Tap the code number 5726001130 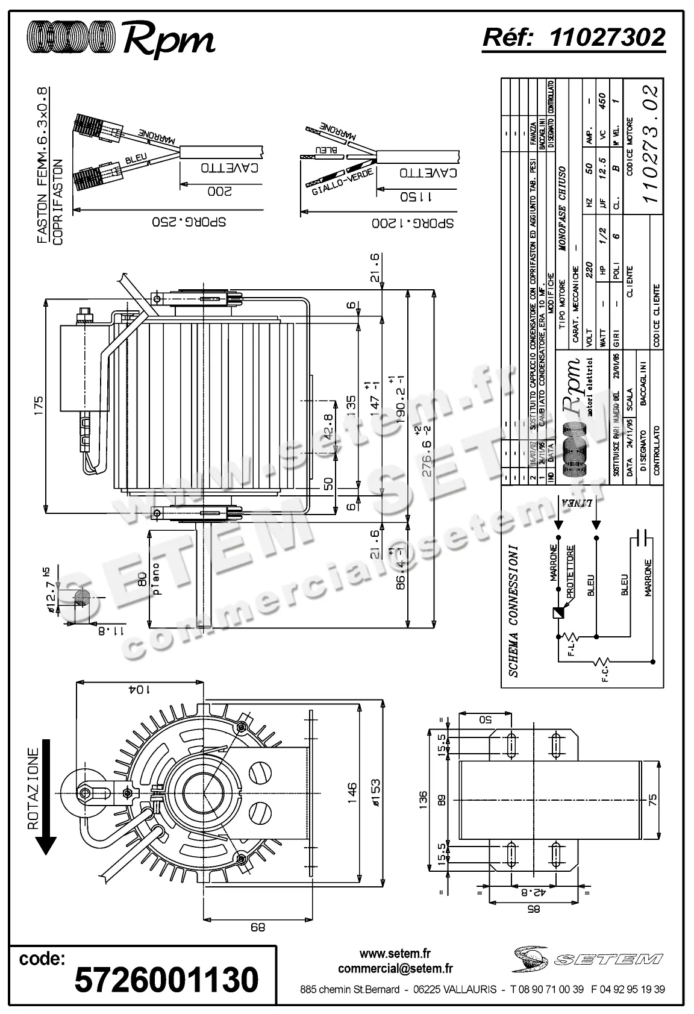166,980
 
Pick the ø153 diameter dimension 375,795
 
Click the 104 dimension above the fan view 139,689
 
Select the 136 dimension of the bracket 424,801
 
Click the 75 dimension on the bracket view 653,800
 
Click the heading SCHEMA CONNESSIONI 513,611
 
